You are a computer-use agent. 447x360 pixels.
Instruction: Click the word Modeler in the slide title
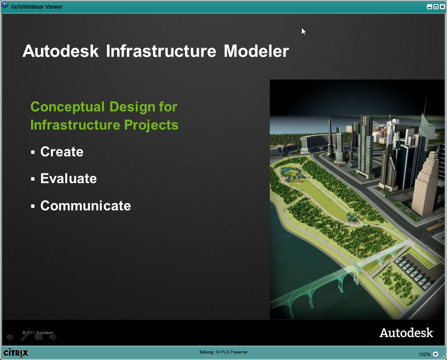(x=256, y=51)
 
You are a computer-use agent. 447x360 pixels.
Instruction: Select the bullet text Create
(x=62, y=152)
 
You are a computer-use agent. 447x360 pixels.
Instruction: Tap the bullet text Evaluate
(x=68, y=178)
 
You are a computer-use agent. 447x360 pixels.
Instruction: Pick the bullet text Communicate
(x=86, y=206)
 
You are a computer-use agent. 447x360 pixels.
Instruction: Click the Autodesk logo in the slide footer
(x=406, y=332)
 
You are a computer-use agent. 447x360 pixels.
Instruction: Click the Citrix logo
(x=16, y=353)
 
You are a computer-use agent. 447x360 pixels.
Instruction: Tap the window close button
(x=442, y=6)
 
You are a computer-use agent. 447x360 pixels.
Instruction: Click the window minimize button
(x=429, y=6)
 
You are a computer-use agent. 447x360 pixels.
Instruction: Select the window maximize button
(x=436, y=6)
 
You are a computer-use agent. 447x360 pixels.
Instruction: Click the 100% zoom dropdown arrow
(x=435, y=354)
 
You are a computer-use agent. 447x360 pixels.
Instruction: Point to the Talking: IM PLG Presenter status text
(x=223, y=352)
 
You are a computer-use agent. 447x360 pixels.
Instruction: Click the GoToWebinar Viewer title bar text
(x=37, y=6)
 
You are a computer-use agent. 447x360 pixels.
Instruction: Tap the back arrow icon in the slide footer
(x=10, y=337)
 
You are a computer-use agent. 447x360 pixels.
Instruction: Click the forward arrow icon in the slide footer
(x=53, y=337)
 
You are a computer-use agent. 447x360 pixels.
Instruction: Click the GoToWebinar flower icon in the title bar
(x=5, y=5)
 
